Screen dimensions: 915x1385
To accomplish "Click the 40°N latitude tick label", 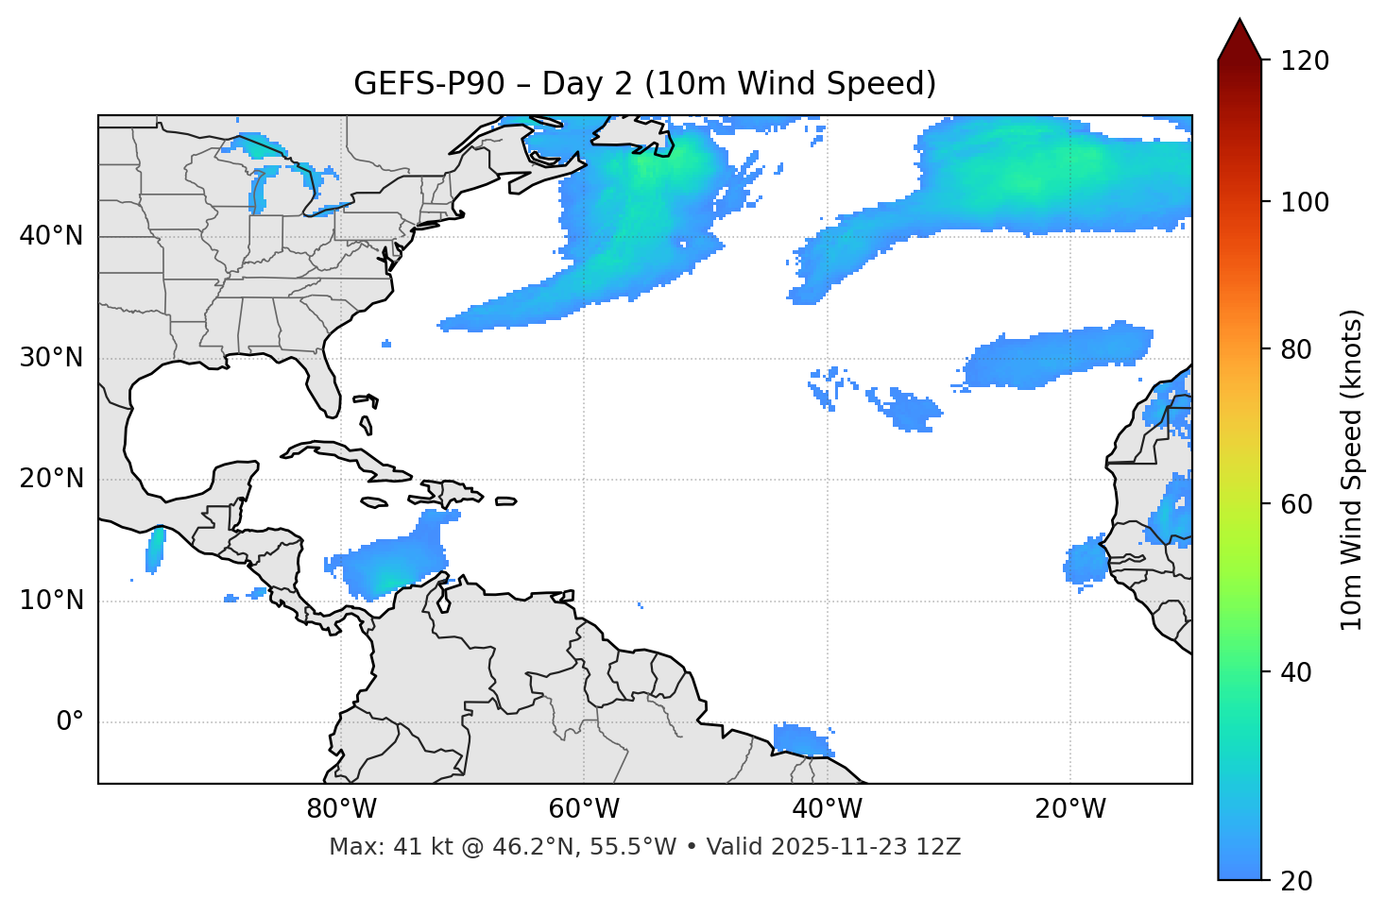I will tap(51, 236).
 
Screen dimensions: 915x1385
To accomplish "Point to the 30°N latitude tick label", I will tap(51, 358).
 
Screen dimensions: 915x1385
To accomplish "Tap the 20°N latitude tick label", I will tap(51, 479).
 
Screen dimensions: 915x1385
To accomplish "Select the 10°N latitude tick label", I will tap(51, 601).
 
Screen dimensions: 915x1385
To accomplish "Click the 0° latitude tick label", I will tap(70, 722).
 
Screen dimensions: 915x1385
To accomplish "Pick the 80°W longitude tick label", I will tap(341, 809).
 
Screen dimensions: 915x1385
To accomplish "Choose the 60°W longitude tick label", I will tap(584, 809).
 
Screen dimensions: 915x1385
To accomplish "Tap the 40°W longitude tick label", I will tap(827, 809).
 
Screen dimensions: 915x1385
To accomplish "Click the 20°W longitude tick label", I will tap(1069, 809).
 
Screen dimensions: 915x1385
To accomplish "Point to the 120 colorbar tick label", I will tap(1304, 61).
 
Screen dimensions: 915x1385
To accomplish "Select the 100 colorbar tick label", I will tap(1304, 202).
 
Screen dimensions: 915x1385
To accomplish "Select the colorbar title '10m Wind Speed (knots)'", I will tap(1352, 469).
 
